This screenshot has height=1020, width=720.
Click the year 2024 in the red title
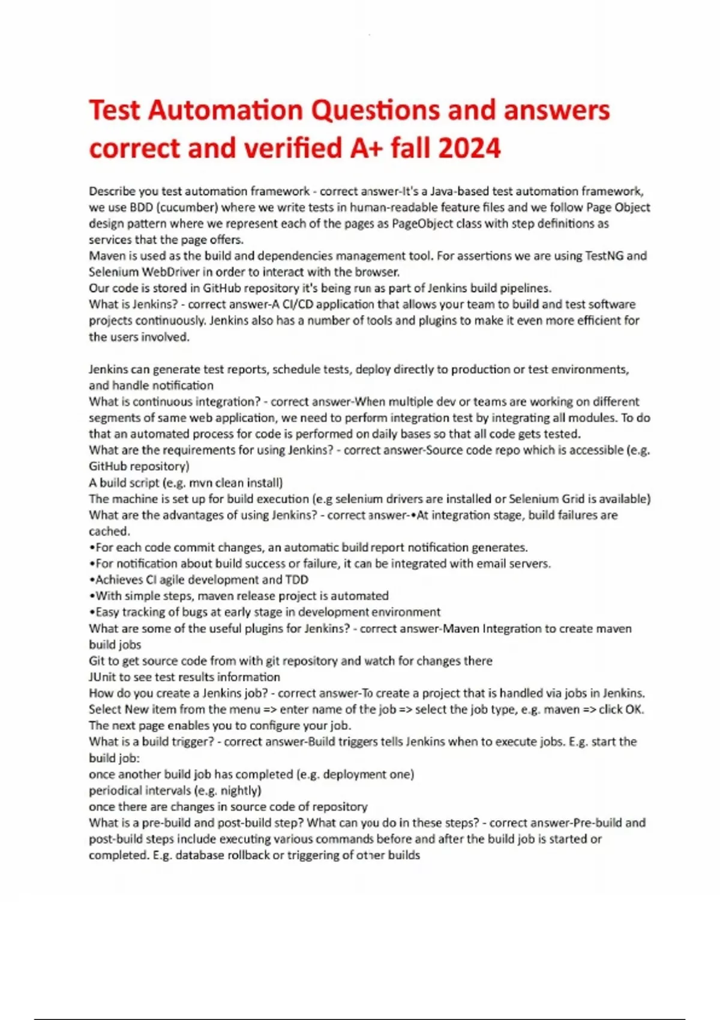click(x=469, y=148)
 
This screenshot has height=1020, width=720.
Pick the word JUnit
click(x=102, y=677)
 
